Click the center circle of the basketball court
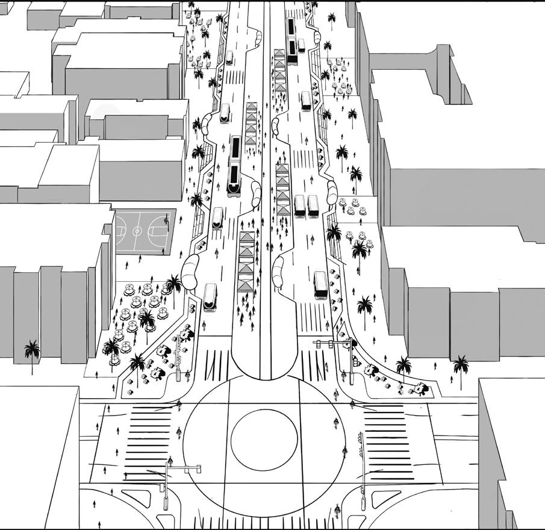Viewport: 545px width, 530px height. [138, 231]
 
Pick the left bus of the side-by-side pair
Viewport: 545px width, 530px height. [299, 206]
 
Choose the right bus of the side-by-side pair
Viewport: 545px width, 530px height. [313, 205]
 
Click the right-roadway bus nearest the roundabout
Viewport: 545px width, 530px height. [320, 285]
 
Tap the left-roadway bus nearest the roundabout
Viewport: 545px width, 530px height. [210, 297]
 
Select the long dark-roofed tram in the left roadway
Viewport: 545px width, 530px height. [235, 164]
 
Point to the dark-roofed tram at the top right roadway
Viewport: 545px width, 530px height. [292, 40]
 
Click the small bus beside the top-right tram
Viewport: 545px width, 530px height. [301, 45]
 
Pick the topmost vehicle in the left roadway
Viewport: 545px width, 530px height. [229, 58]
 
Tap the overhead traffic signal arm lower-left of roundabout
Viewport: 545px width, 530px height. [184, 468]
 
